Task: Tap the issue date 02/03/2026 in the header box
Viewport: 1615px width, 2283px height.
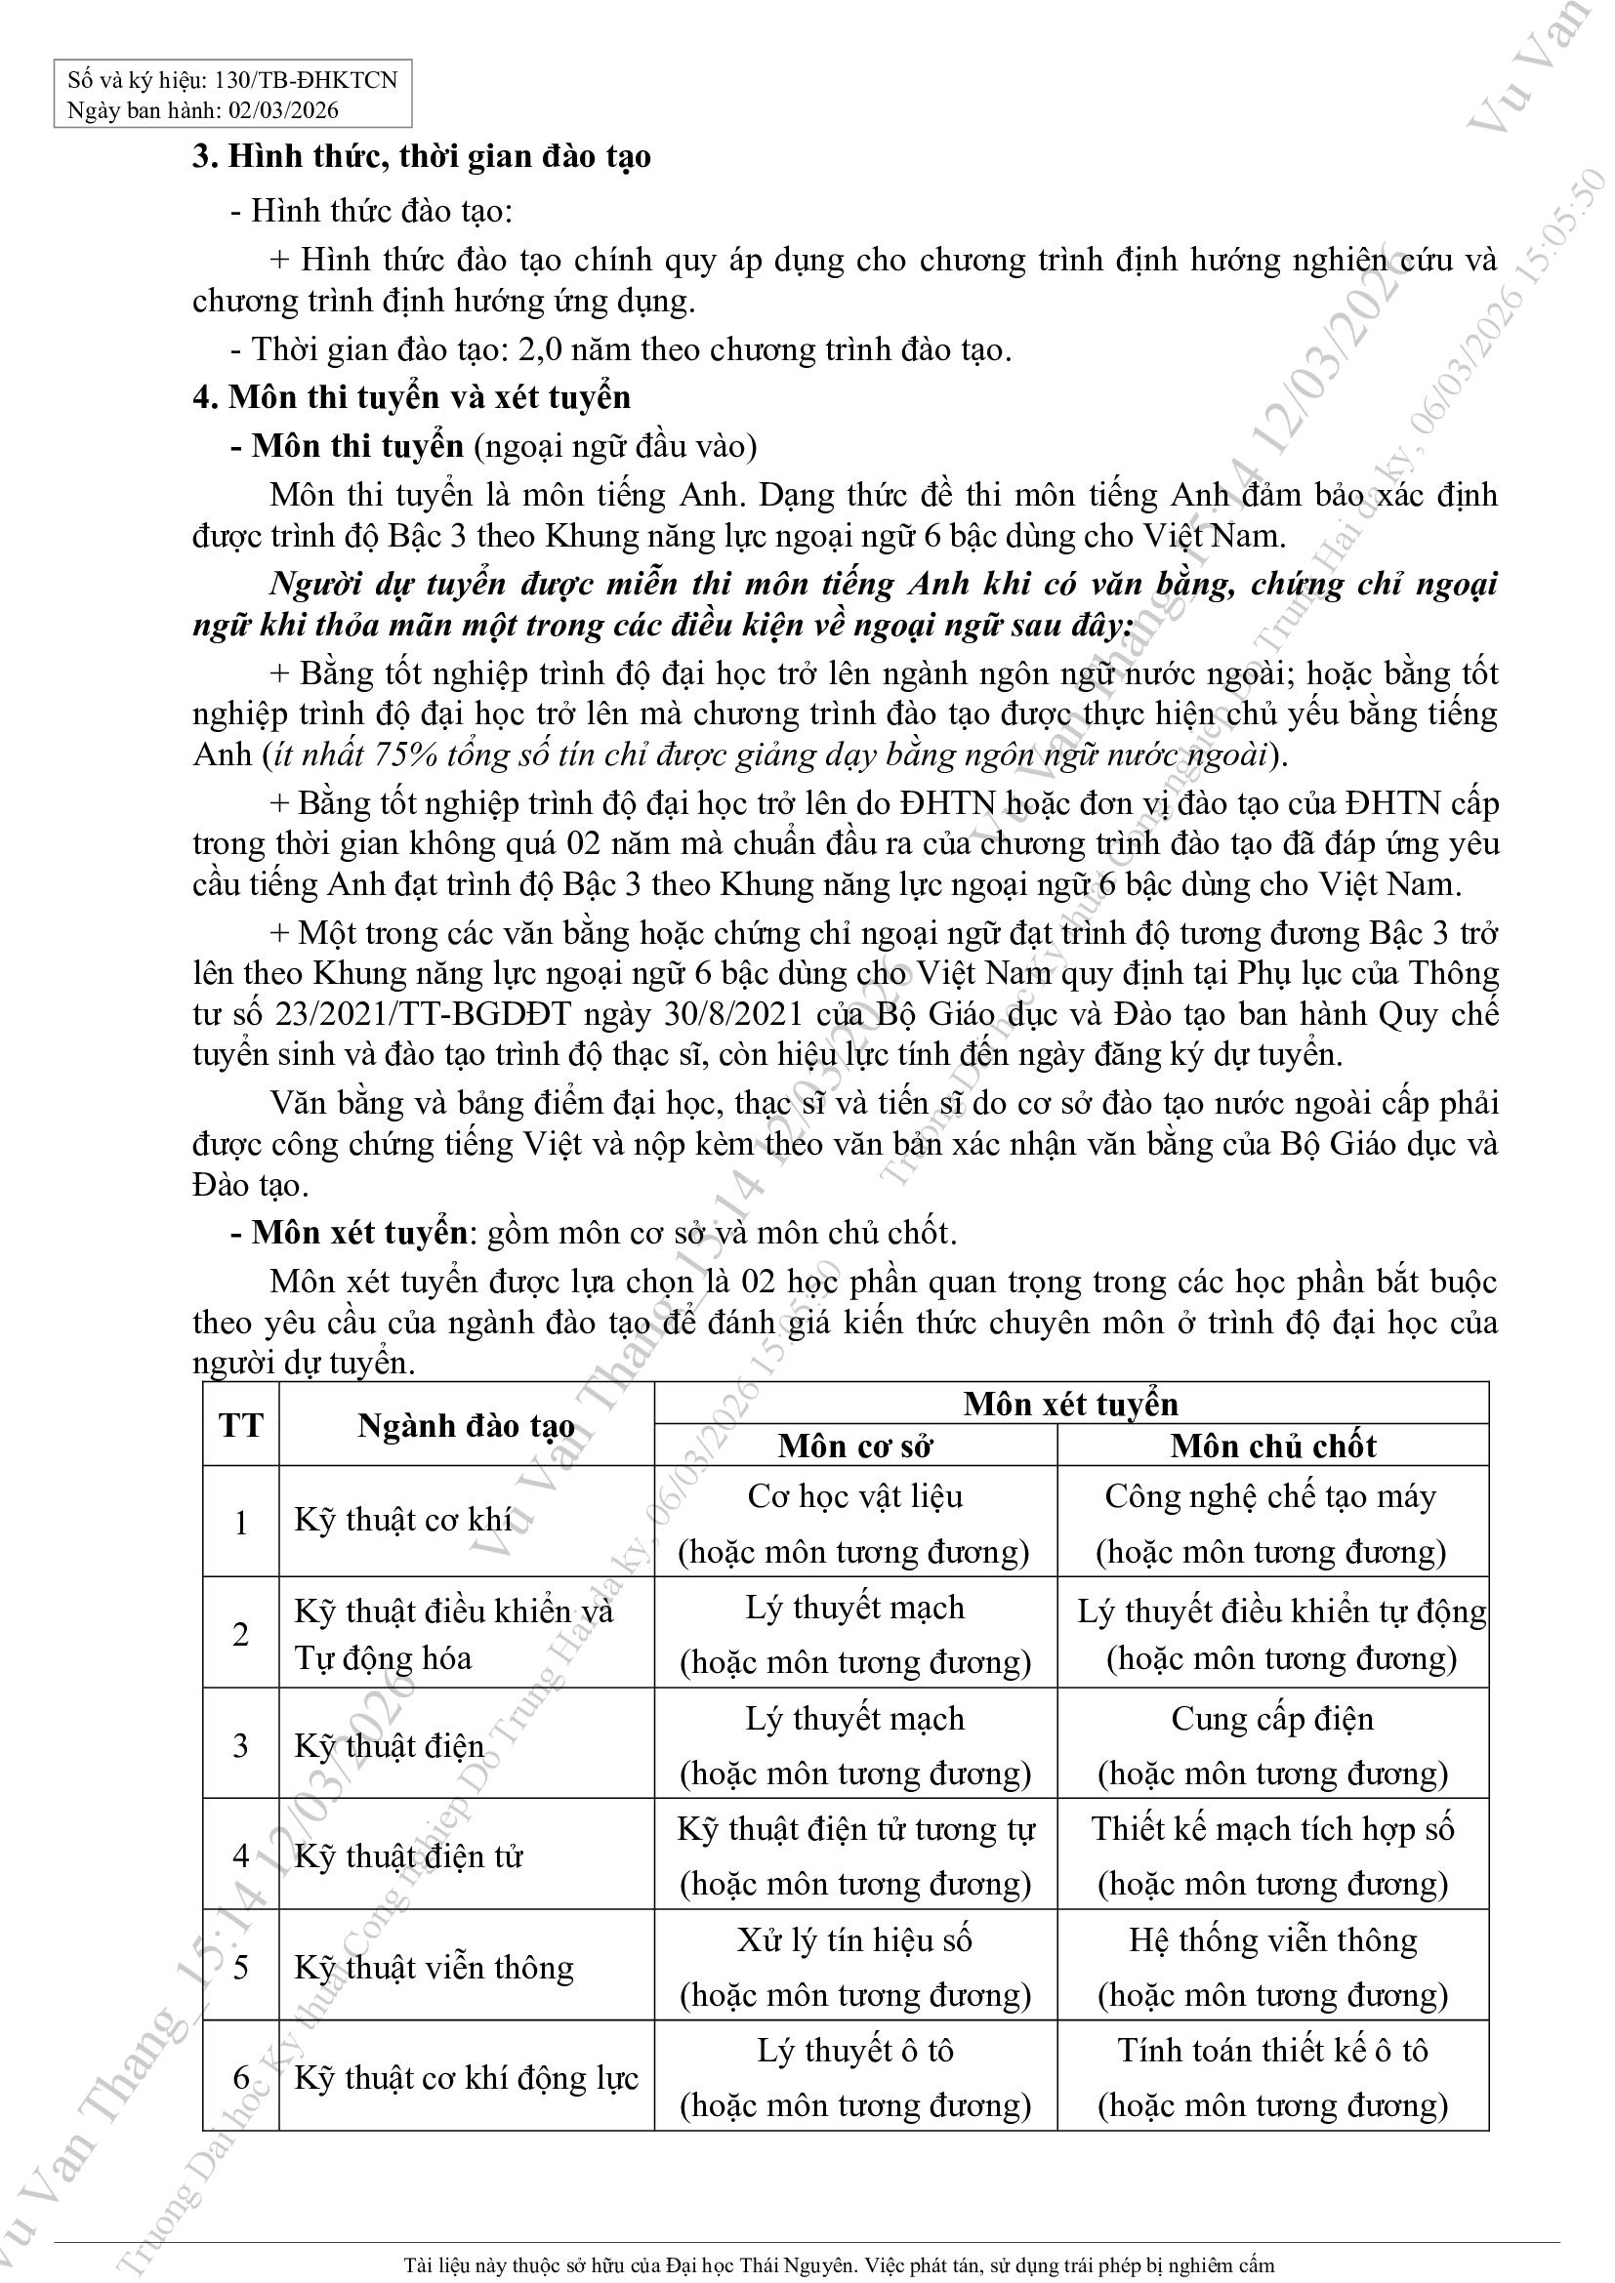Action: click(283, 110)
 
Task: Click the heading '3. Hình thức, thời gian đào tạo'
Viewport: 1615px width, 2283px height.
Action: click(422, 157)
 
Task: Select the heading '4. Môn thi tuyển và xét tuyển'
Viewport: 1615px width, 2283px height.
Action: click(412, 397)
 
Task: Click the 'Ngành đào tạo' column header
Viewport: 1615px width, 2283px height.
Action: click(467, 1426)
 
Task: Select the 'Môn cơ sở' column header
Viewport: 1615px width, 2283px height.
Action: click(855, 1446)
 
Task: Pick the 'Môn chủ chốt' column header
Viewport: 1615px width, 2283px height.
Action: click(1273, 1446)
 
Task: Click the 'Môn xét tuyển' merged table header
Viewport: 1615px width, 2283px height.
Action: click(1071, 1404)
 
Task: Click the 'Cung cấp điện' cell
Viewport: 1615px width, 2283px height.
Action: click(1272, 1718)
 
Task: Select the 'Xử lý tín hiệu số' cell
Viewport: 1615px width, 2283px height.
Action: click(855, 1940)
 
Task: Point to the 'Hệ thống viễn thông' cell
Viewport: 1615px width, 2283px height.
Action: click(1273, 1940)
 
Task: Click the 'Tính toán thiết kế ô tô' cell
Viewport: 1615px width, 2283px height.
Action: click(1273, 2051)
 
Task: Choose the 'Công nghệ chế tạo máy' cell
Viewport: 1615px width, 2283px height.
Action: click(1271, 1496)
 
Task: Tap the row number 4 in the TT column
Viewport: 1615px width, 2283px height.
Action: click(240, 1855)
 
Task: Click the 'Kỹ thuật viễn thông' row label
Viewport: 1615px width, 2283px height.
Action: click(435, 1968)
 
